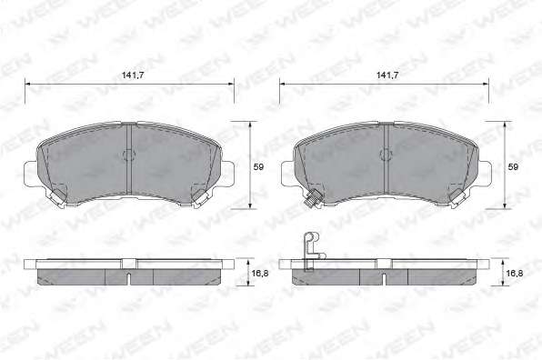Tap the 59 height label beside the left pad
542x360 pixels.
tap(258, 167)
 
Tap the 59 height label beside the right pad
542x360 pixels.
tap(513, 167)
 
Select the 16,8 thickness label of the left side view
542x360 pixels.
tap(260, 273)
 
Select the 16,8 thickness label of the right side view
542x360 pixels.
tap(515, 273)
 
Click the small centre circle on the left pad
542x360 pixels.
tap(128, 155)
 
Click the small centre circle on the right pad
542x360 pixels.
tap(385, 155)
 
